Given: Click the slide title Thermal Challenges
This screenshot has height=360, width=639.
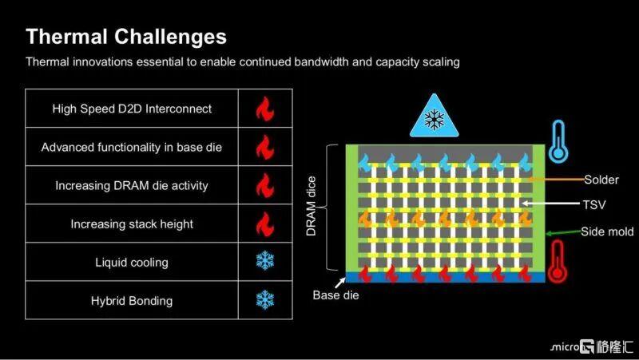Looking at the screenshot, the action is pos(126,37).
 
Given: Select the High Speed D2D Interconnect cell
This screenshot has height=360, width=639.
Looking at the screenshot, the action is pos(132,109).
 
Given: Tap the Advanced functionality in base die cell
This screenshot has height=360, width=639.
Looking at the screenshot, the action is pos(132,147).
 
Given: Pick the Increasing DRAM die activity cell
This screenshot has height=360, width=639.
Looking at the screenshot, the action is pos(132,185).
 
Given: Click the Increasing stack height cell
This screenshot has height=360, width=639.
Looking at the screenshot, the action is pos(132,224).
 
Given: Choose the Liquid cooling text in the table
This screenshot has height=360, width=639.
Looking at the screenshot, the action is pos(132,263).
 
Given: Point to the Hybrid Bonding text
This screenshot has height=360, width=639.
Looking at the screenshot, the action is pos(132,301).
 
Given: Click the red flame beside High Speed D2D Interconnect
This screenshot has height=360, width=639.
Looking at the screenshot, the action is pos(265,109).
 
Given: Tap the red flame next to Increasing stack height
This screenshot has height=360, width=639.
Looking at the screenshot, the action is pos(265,224).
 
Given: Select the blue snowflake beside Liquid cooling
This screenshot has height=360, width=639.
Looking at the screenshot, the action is pos(265,260).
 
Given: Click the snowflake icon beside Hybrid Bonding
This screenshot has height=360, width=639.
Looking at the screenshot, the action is pos(265,299).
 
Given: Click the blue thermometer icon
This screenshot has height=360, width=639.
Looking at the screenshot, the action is pos(558,142).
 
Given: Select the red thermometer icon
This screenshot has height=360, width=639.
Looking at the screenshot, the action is pos(557,261).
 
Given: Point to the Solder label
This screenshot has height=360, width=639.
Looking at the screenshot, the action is pos(601,180).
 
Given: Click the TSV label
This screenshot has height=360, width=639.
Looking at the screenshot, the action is pos(594,204).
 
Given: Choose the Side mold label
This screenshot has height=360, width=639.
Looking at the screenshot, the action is pos(607,231).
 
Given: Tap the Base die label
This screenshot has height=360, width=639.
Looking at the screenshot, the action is pos(335,295).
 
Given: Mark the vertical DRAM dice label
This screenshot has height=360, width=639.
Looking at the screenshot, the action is pos(311,206).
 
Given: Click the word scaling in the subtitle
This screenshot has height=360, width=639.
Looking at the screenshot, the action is pos(441,62).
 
